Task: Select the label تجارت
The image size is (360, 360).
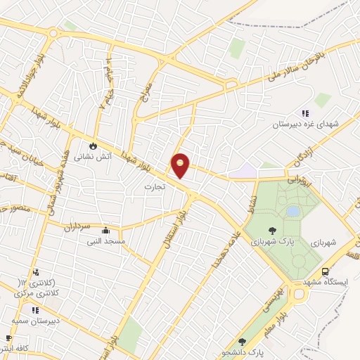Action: [153, 187]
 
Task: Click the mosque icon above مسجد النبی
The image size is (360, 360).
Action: [105, 230]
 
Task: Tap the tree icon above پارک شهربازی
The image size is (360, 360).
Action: [271, 229]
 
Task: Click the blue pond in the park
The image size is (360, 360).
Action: [292, 211]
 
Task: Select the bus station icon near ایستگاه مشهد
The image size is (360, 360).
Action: [325, 272]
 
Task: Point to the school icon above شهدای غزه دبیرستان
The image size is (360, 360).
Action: [305, 113]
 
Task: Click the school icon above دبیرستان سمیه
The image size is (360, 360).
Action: [35, 309]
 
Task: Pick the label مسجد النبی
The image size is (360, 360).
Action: [105, 241]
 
